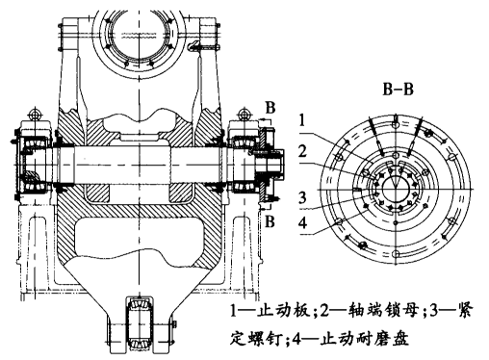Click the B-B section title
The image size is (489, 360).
[x=398, y=90]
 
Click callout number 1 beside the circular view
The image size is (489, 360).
[x=302, y=121]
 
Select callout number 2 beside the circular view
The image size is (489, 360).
[x=302, y=151]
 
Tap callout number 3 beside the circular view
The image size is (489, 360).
[x=302, y=197]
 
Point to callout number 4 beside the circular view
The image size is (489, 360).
[x=302, y=222]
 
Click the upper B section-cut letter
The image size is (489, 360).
[x=270, y=108]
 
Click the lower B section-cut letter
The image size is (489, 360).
[x=270, y=221]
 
